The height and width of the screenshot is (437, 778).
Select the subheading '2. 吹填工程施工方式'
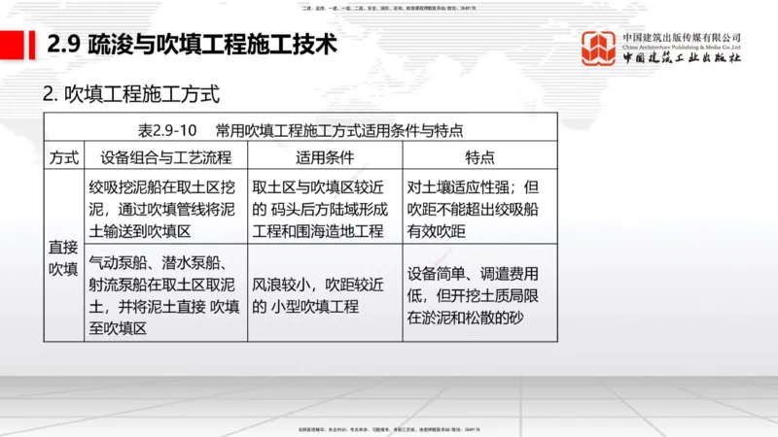pos(131,95)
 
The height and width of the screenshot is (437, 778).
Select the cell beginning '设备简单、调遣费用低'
pos(478,295)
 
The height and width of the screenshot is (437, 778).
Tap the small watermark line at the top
pos(389,7)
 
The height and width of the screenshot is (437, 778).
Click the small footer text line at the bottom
pos(389,427)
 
